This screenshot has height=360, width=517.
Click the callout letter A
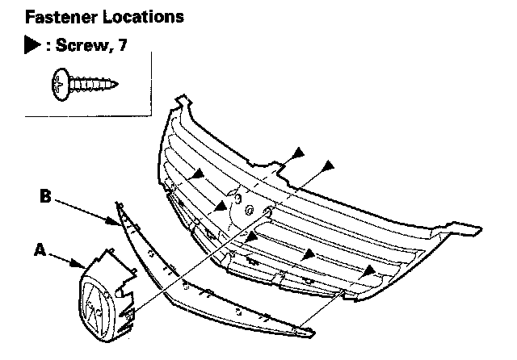[x=38, y=250]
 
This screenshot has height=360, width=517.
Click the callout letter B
[x=46, y=196]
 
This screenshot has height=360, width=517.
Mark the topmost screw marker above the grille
[x=299, y=152]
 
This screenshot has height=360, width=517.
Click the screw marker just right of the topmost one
[x=329, y=165]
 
